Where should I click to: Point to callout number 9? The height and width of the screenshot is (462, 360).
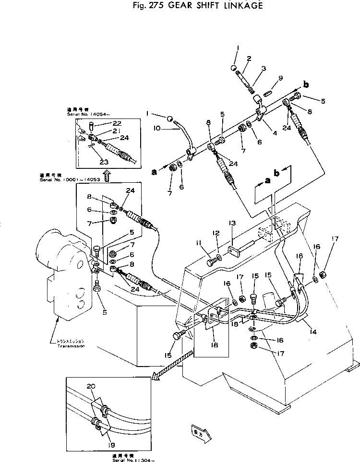[x=281, y=78]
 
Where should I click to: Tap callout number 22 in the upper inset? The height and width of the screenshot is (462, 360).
[x=104, y=124]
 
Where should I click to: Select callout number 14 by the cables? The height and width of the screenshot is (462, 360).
[x=313, y=331]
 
